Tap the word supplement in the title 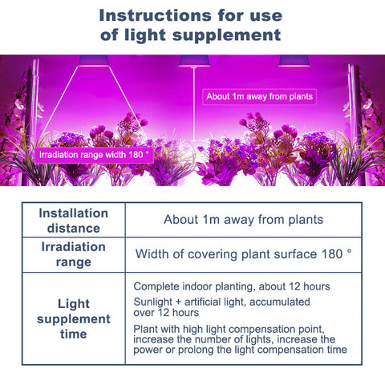[x=226, y=35]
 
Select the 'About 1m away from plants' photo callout [x=259, y=96]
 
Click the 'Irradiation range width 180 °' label [x=94, y=155]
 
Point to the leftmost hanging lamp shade [x=94, y=60]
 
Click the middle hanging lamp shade [x=194, y=60]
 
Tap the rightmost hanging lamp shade [x=294, y=60]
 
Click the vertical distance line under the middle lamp [x=194, y=104]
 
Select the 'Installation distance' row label [x=74, y=221]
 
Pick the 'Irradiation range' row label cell [x=74, y=254]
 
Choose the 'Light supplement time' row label [x=74, y=318]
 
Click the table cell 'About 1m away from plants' [x=244, y=220]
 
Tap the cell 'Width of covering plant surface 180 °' [x=243, y=254]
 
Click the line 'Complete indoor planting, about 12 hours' [x=232, y=286]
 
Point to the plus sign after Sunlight [x=178, y=302]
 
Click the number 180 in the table [x=332, y=254]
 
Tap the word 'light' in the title [x=145, y=35]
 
